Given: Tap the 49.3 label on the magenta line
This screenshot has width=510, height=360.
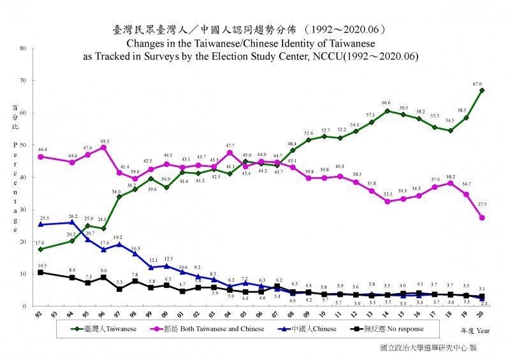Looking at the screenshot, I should pos(105,141).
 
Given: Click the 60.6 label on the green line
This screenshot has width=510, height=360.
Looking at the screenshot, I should pos(387,103).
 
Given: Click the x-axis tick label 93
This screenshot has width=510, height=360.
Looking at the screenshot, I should pos(57,314).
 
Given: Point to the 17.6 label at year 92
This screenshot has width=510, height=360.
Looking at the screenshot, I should pos(40,242).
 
